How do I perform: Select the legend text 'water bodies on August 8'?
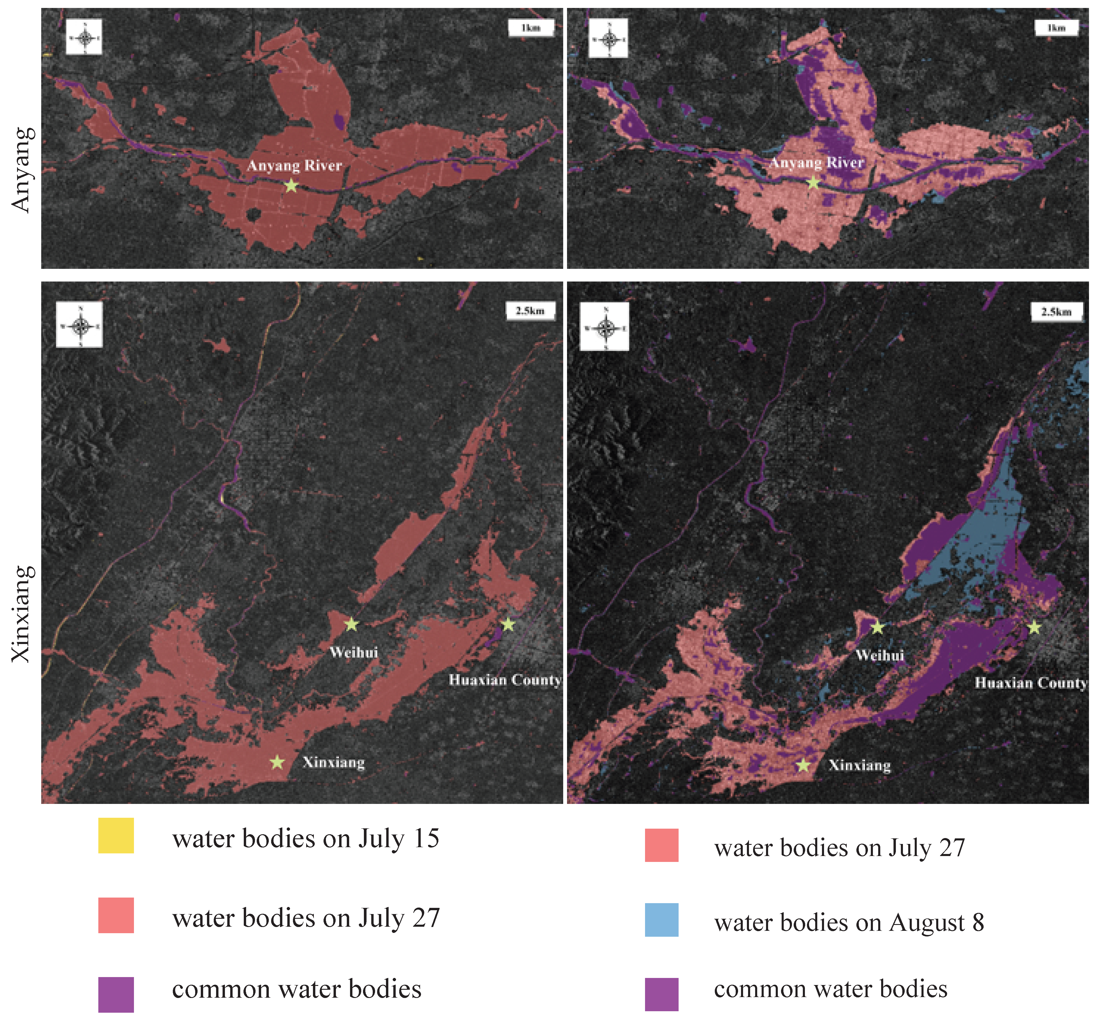pyautogui.click(x=848, y=922)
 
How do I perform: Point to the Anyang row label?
pyautogui.click(x=22, y=170)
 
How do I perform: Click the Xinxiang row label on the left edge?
pyautogui.click(x=22, y=614)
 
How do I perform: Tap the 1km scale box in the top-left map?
pyautogui.click(x=531, y=28)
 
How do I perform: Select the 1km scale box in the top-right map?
pyautogui.click(x=1056, y=28)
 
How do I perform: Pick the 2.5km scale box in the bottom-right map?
pyautogui.click(x=1056, y=312)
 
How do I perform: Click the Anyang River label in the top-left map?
pyautogui.click(x=295, y=165)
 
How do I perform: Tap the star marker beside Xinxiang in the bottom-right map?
pyautogui.click(x=803, y=765)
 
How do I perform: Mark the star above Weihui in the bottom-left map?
pyautogui.click(x=352, y=624)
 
